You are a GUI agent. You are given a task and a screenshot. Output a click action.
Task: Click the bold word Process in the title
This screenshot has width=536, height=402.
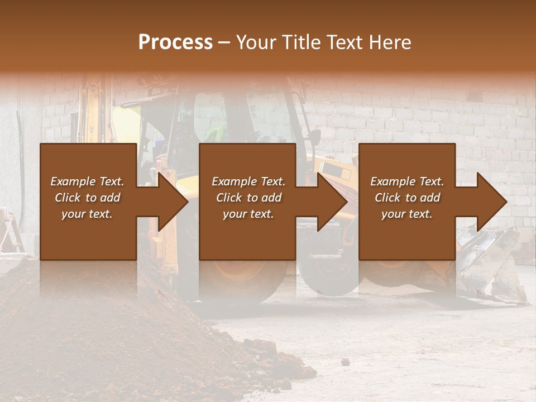pos(175,42)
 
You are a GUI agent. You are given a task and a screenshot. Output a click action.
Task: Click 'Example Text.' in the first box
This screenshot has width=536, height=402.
pos(87,181)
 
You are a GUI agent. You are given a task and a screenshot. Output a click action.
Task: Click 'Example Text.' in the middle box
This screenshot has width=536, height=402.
pos(248,181)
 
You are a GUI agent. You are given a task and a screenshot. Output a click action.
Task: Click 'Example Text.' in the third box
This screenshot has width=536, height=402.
pos(406,181)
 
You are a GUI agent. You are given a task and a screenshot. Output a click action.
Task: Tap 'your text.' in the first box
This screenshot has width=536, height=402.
pos(87,214)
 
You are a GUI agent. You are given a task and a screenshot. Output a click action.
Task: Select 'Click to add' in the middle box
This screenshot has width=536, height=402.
pos(248,198)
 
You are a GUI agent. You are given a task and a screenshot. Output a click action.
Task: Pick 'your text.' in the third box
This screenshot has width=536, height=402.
pos(406,214)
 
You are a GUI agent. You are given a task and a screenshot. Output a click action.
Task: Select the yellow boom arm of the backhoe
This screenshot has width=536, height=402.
pos(95,106)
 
